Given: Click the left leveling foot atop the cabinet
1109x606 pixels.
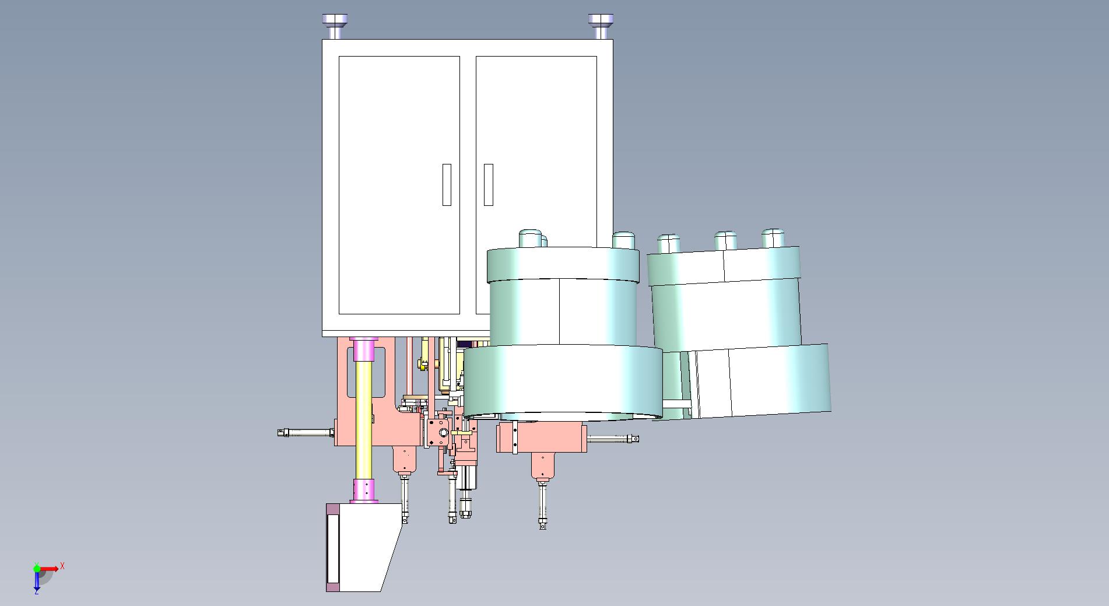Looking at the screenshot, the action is (334, 26).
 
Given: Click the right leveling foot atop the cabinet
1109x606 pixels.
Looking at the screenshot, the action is (601, 26).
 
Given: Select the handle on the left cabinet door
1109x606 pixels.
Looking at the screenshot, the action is (447, 184).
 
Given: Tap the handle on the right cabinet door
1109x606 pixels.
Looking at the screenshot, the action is (489, 184).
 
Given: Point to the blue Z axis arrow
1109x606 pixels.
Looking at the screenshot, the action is (37, 579).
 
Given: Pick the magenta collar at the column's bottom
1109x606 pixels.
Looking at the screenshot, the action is (364, 491).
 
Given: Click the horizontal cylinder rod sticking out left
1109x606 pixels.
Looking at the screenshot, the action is (306, 433).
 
